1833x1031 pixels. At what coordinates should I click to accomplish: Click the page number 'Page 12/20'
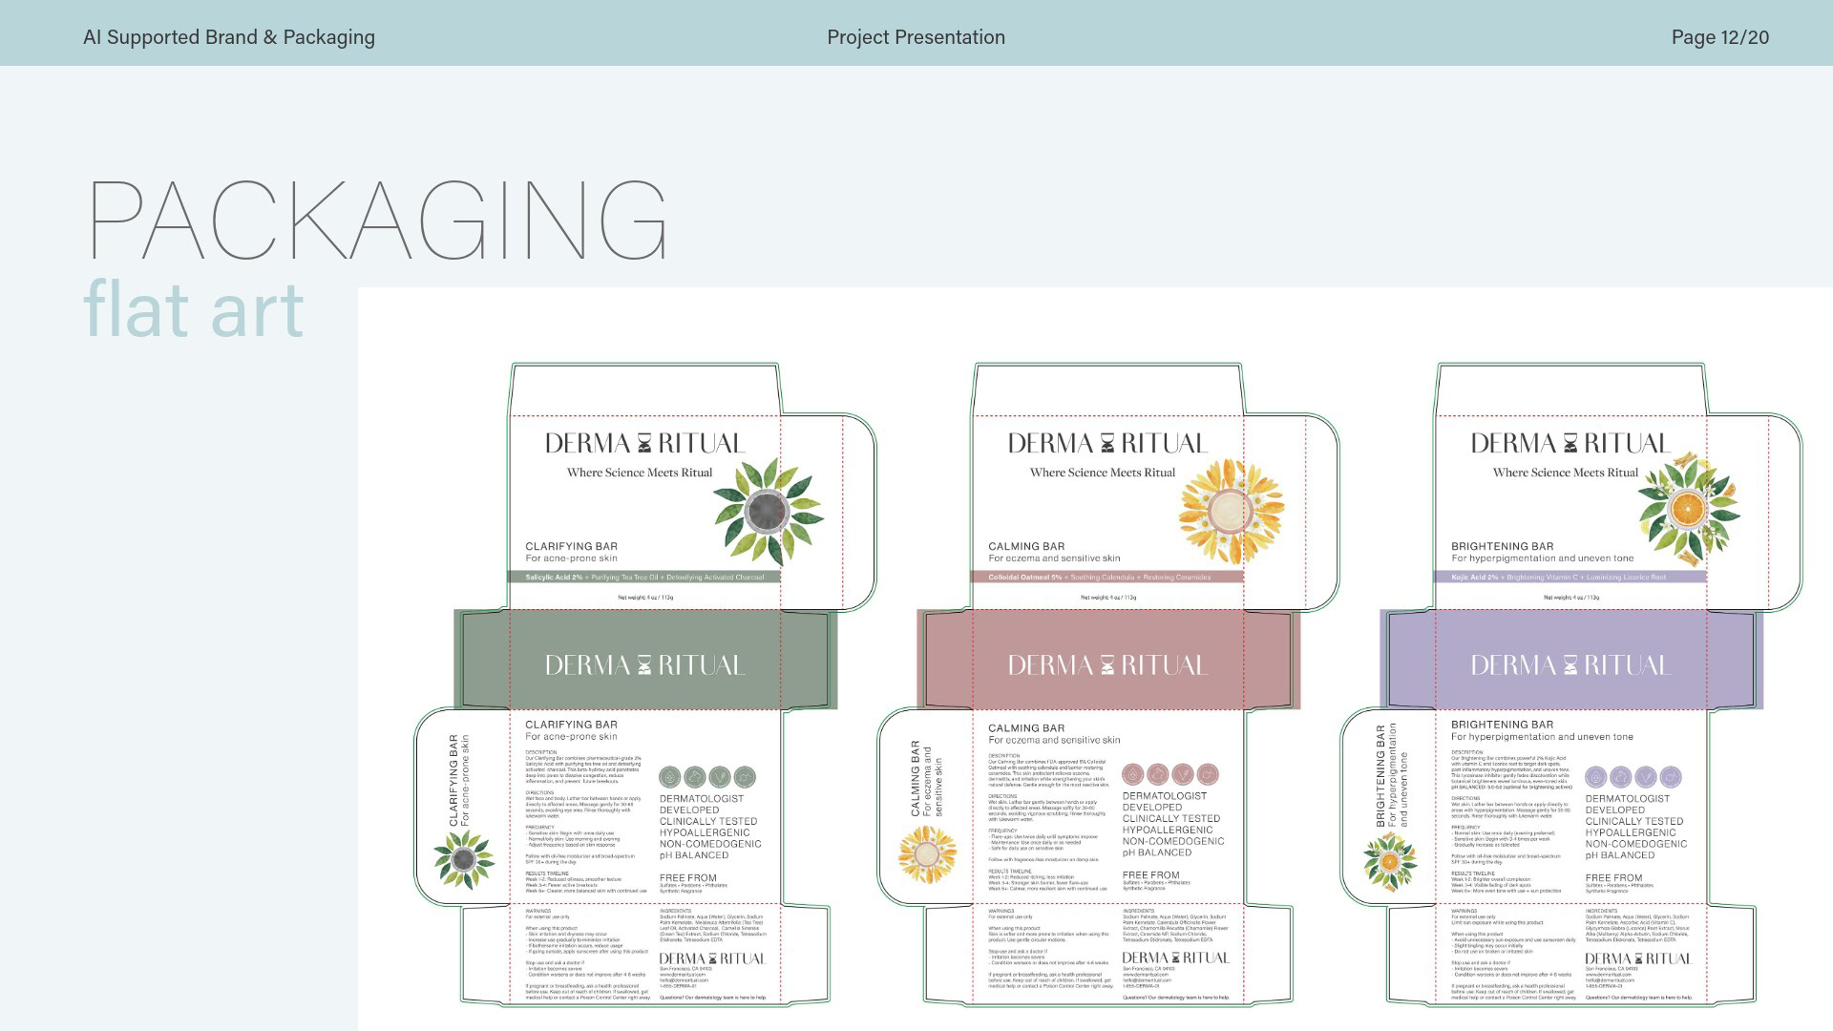click(x=1719, y=37)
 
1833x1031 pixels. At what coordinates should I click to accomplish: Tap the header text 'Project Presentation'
click(x=916, y=37)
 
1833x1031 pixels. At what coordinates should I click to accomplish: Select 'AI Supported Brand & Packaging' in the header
click(x=229, y=37)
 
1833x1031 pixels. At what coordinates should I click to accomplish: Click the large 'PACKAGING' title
click(x=378, y=221)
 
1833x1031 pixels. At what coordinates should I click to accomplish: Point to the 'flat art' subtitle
click(x=194, y=309)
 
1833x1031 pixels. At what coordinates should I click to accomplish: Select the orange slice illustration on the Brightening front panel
click(x=1688, y=512)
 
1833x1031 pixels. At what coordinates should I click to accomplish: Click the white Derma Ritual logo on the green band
click(x=644, y=664)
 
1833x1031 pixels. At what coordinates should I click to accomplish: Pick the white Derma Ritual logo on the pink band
click(x=1107, y=664)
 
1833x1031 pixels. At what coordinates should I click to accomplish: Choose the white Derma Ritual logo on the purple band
click(x=1570, y=664)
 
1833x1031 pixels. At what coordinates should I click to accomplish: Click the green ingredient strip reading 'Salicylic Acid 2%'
click(x=644, y=578)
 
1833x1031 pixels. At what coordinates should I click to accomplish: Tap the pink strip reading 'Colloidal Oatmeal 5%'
click(x=1107, y=578)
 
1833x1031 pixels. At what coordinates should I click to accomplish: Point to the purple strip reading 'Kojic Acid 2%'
click(x=1570, y=578)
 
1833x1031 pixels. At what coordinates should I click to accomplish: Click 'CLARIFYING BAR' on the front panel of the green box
click(x=572, y=546)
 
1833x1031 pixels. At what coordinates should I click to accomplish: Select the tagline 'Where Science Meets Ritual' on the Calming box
click(x=1103, y=473)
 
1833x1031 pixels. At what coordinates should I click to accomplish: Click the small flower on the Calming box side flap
click(x=926, y=852)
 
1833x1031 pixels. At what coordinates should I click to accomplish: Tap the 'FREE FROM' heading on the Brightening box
click(x=1613, y=877)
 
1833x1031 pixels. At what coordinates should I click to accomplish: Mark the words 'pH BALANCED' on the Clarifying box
click(x=694, y=855)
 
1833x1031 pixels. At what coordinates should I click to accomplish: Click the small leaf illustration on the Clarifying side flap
click(x=463, y=859)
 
